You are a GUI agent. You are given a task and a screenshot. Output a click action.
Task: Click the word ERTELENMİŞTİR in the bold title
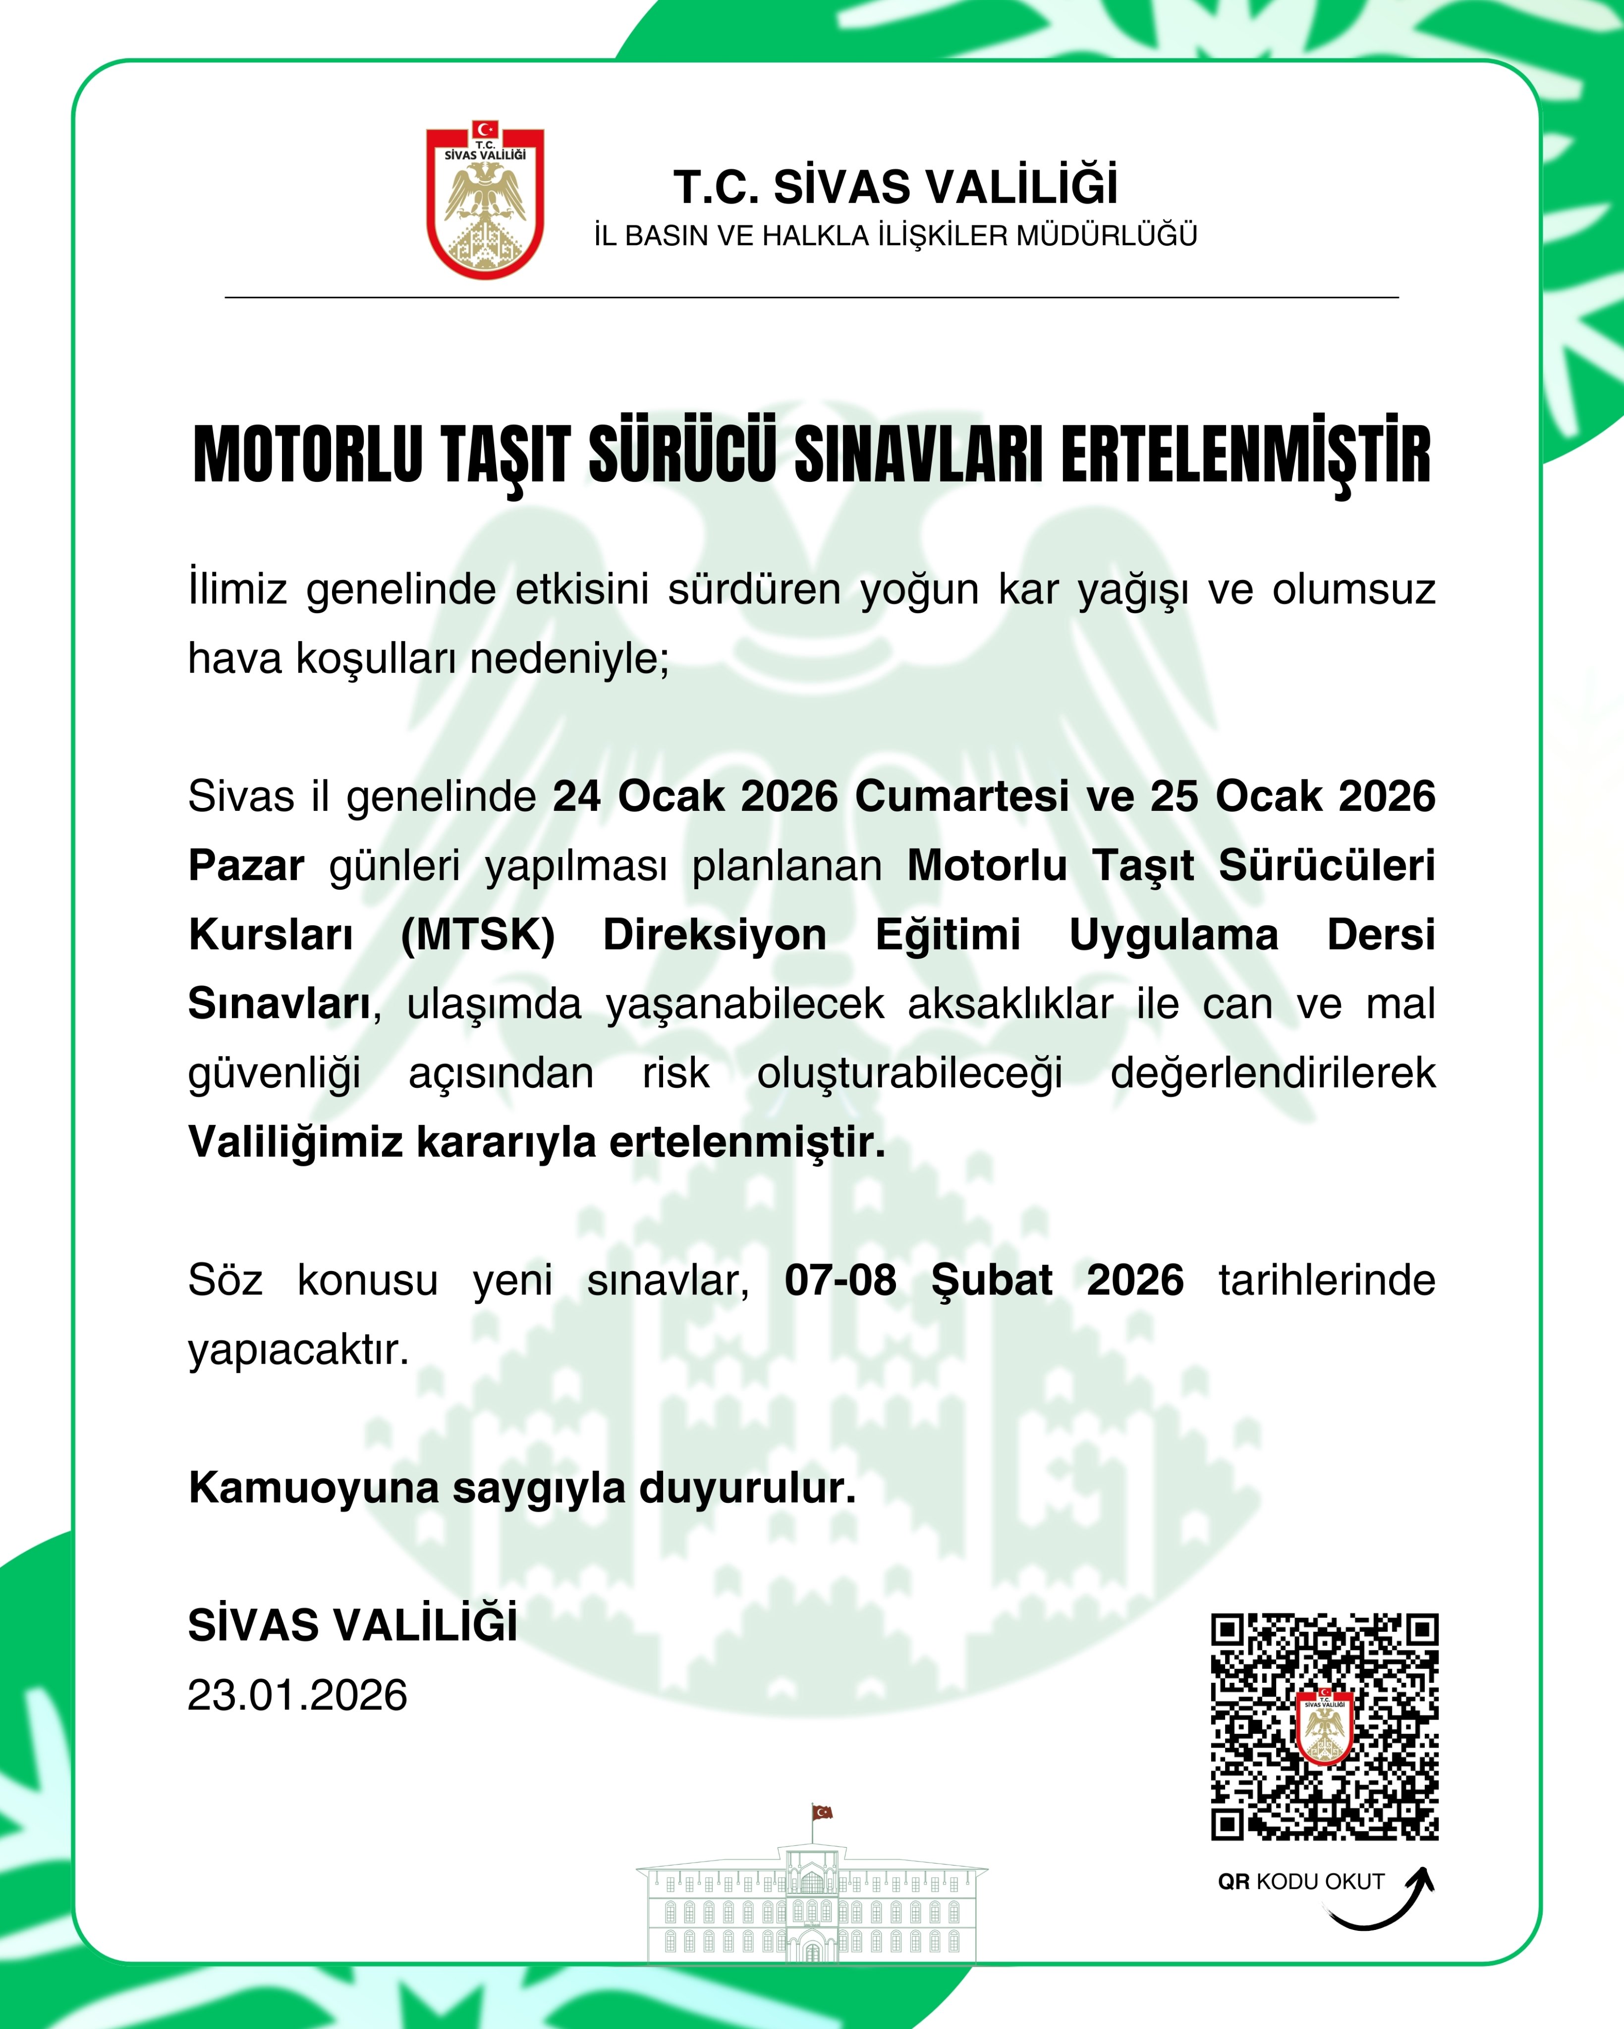tap(1245, 456)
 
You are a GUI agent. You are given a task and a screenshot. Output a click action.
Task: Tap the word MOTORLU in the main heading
tap(308, 456)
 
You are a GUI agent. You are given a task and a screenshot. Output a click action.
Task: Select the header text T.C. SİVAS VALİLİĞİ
tap(896, 186)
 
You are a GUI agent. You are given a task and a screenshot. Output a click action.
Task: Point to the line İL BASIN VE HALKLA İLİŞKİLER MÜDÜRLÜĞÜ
tap(896, 235)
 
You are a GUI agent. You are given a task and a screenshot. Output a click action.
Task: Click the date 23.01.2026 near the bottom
tap(297, 1695)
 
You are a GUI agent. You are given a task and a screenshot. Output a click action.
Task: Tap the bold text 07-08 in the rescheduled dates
tap(840, 1281)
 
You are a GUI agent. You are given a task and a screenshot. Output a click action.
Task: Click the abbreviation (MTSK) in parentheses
tap(477, 935)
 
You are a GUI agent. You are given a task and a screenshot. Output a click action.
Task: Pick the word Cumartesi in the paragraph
tap(961, 796)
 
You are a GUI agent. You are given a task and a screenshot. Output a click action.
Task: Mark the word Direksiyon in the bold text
tap(715, 935)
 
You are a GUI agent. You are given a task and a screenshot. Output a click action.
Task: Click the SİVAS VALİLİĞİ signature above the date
tap(352, 1625)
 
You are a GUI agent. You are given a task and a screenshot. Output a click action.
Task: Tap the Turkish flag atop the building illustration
tap(822, 1812)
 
